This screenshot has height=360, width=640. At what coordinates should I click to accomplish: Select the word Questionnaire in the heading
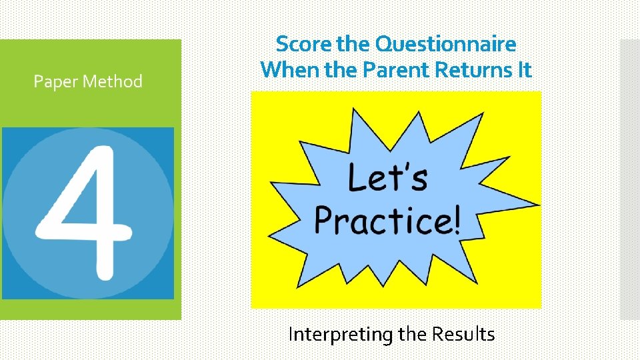(446, 45)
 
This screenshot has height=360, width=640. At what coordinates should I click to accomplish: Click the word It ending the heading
(524, 69)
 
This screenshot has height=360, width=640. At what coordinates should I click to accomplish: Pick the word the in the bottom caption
(413, 333)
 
